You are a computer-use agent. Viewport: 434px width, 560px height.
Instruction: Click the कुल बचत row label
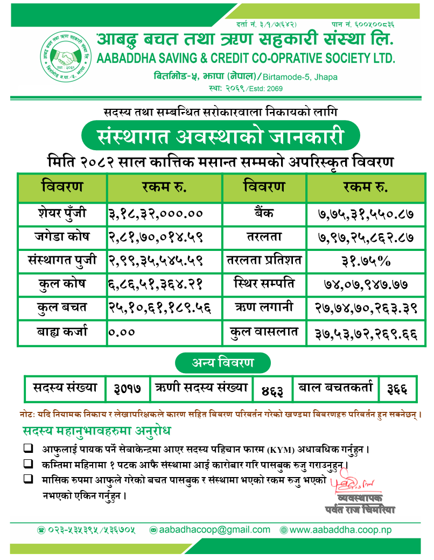click(x=62, y=308)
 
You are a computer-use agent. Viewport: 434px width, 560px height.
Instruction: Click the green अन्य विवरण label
click(x=222, y=362)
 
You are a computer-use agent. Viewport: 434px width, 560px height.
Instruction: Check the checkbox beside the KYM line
click(x=27, y=448)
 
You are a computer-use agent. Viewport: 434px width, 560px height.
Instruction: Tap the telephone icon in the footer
click(x=41, y=530)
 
